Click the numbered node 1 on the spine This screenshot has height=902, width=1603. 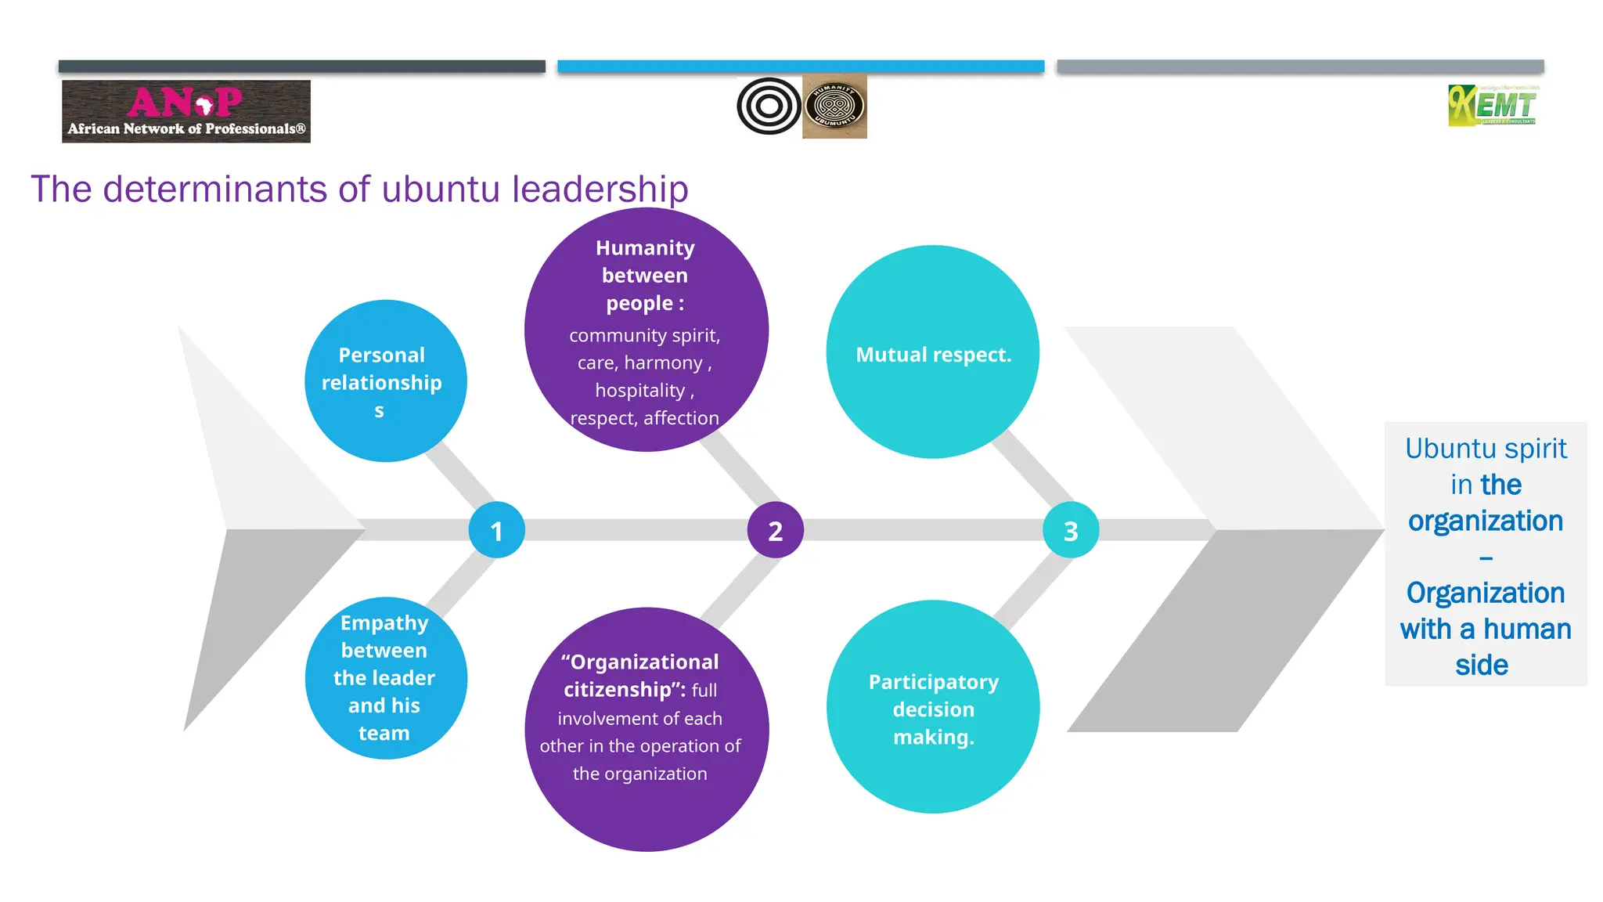[496, 530]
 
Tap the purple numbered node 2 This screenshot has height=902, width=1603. [775, 530]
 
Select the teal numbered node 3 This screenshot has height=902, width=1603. [1071, 530]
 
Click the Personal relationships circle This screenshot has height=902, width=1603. [385, 381]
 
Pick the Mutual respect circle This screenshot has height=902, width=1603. [932, 352]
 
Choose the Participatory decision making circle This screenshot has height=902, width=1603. [933, 707]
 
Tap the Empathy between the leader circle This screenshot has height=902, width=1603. [385, 678]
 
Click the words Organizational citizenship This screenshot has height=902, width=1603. [639, 675]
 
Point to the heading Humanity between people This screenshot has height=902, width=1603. [644, 275]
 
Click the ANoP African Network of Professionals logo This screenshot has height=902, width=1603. [186, 111]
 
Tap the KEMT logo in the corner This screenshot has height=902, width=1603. [1493, 106]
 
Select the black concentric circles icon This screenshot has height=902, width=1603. [769, 106]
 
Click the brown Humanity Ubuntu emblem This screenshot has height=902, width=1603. [834, 106]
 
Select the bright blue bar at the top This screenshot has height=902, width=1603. [801, 67]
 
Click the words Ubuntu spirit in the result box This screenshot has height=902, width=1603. [1485, 449]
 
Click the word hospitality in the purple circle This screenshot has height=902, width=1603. [639, 390]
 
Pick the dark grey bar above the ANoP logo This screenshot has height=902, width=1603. [301, 67]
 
